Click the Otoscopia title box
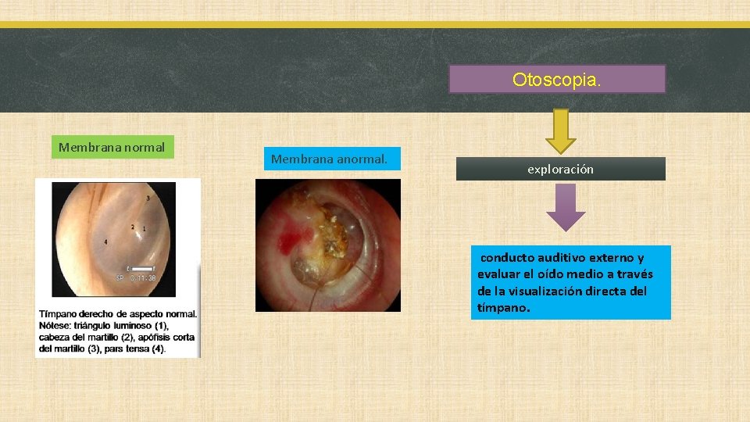click(557, 79)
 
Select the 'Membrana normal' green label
click(112, 147)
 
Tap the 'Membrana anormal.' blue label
click(332, 159)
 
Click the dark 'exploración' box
click(560, 169)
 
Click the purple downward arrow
click(565, 209)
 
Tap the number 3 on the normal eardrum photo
click(148, 198)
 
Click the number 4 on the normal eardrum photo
click(106, 241)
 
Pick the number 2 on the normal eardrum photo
click(133, 228)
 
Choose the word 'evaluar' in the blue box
click(499, 274)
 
